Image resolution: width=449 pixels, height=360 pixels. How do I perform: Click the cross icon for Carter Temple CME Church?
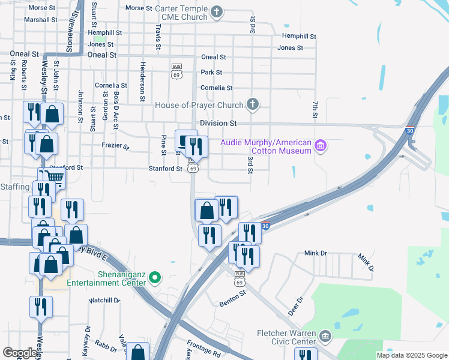coord(217,11)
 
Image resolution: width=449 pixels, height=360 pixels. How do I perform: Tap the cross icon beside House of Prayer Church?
coord(253,105)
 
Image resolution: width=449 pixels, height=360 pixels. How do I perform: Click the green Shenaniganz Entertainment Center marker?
coord(155,277)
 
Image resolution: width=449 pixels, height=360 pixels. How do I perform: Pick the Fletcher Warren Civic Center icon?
coord(325,335)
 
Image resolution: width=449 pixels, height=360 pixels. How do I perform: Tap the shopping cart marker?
coord(54,178)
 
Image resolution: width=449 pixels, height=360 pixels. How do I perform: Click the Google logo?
coord(20,353)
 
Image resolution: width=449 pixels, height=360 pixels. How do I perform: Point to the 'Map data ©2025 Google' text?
coord(411,355)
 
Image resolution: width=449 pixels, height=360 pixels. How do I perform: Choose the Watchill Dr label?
coord(104,300)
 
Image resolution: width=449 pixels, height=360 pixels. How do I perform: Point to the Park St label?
coord(211,73)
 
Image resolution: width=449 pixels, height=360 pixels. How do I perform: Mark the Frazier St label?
coord(115,146)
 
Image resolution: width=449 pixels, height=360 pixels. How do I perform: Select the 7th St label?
coord(315,109)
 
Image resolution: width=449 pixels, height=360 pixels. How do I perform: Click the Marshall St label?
coord(40,20)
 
